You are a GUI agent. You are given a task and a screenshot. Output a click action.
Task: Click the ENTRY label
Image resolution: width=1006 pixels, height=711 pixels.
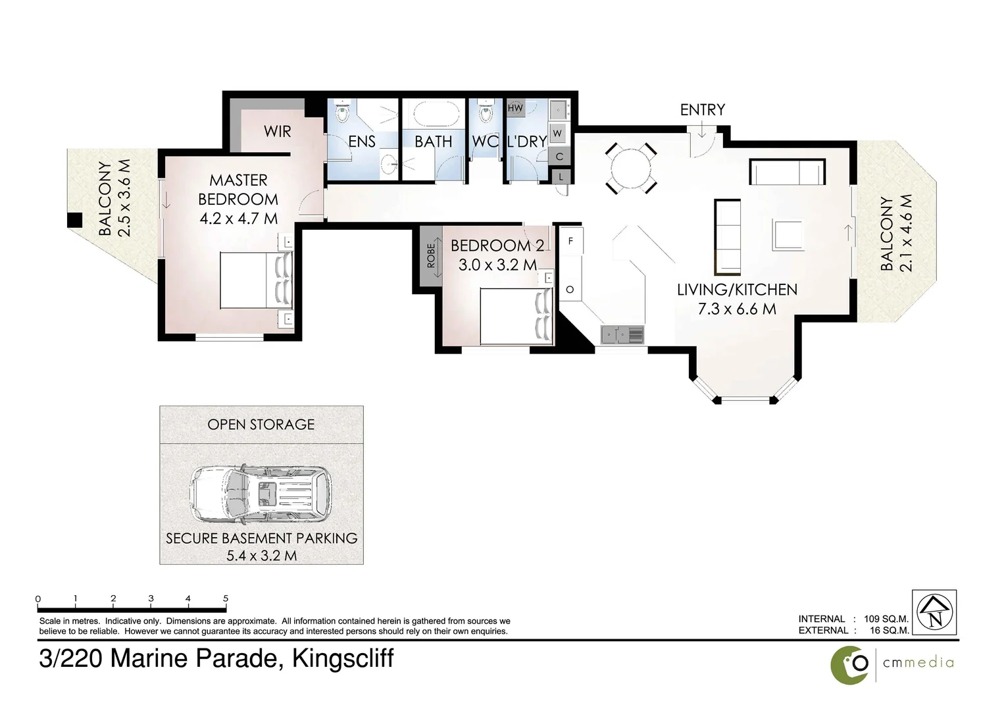pos(702,110)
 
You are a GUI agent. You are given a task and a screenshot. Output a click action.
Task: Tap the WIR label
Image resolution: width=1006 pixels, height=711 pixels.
pos(277,132)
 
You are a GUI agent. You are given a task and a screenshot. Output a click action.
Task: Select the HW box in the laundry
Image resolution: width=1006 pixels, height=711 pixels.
pos(515,107)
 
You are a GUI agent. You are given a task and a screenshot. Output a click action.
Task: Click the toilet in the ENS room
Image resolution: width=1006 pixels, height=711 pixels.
pos(342,113)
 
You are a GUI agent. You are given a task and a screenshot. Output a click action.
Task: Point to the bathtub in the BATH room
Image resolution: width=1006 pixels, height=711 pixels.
pos(434,114)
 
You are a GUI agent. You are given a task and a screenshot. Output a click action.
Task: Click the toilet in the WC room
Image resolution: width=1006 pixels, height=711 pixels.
pos(486,113)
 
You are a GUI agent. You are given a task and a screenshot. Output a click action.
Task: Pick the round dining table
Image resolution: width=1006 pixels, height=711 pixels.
pos(630,169)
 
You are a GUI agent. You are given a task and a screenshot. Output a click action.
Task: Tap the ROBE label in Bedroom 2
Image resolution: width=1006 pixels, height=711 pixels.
pos(431,255)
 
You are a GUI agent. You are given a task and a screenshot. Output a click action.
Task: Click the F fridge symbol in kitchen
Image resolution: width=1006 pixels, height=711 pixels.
pos(570,242)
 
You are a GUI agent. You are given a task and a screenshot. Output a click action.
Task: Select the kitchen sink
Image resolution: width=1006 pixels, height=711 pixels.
pos(622,336)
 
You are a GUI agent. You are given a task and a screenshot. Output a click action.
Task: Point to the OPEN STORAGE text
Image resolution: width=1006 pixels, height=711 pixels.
pos(261,425)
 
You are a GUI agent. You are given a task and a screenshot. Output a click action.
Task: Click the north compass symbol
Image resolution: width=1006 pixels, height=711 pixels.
pos(935,612)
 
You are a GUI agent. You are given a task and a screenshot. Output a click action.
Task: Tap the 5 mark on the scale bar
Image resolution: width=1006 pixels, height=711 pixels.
pos(226,599)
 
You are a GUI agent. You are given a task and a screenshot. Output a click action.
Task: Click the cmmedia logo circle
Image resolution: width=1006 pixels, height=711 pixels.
pos(851,664)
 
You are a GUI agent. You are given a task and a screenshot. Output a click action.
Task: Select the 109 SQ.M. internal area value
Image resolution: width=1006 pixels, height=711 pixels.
pos(886,619)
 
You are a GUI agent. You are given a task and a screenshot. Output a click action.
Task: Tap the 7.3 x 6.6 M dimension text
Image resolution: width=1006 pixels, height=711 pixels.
pos(737,308)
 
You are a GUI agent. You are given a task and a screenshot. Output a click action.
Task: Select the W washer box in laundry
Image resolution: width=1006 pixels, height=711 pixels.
pos(557,134)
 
